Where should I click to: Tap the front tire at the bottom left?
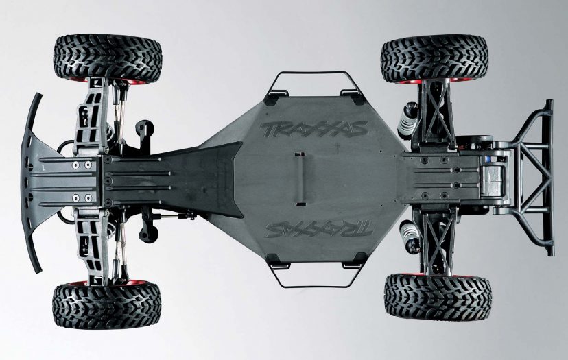pos(106,305)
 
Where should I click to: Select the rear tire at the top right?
pos(435,58)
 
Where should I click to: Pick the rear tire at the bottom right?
pos(438,296)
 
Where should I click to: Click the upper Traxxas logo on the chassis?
pos(313,129)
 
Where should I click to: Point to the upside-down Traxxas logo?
pos(319,228)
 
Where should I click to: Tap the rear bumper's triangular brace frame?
pos(528,178)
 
